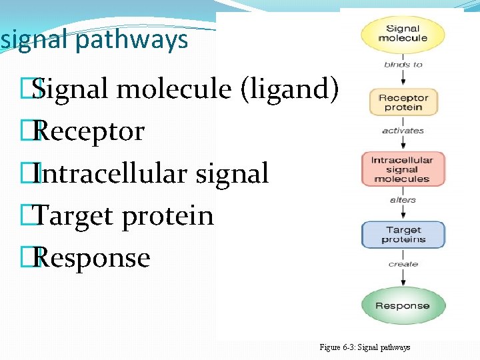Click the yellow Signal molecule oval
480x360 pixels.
tap(403, 34)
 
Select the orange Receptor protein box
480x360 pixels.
tap(403, 102)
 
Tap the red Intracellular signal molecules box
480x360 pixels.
tap(402, 169)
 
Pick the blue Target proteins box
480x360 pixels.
tap(402, 235)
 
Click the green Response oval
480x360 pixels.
tap(402, 306)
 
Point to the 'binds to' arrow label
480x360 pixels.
tap(403, 65)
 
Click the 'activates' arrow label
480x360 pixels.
tap(403, 131)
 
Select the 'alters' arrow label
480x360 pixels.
tap(403, 199)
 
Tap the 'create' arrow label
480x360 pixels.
tap(403, 264)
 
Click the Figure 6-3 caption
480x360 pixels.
tap(365, 347)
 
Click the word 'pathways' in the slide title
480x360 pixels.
tap(131, 40)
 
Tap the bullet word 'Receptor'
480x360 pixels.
tap(88, 131)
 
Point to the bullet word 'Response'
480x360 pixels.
tap(91, 258)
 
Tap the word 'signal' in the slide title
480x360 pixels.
tap(35, 40)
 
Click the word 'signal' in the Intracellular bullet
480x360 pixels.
tap(232, 173)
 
